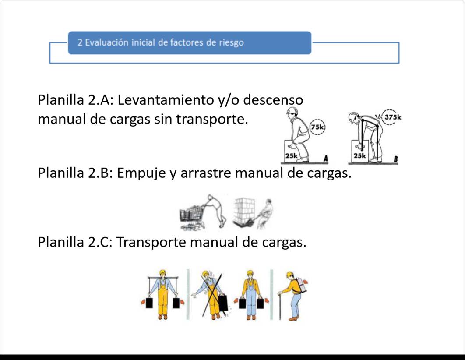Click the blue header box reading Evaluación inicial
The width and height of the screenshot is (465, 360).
point(190,43)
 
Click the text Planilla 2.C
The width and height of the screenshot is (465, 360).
point(75,242)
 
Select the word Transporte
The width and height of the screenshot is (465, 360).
point(151,243)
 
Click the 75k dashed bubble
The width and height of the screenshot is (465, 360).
point(317,127)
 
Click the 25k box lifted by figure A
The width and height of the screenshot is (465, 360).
point(292,151)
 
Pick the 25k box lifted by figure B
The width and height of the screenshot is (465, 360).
point(360,151)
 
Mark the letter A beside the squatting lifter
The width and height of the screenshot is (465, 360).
point(326,159)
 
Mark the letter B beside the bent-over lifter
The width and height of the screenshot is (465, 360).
point(395,159)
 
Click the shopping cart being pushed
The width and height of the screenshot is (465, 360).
point(191,216)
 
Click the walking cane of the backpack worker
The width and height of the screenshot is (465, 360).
point(280,307)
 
